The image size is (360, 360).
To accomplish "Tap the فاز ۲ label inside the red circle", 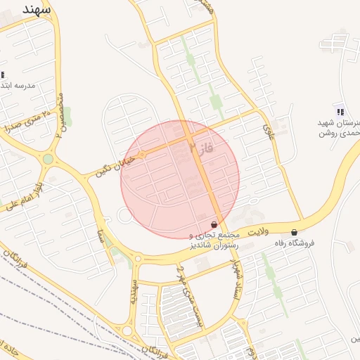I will coord(200,148).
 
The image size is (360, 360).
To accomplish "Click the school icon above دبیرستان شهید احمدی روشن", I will coord(340,111).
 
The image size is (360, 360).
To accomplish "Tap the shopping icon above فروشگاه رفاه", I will coord(294,232).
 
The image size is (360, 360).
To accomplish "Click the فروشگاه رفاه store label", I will coord(295,243).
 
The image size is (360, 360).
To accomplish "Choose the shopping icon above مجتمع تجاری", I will coord(214,224).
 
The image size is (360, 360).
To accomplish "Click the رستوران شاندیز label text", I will coord(214,246).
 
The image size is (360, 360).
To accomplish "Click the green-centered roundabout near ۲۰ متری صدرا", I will coord(48,159).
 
